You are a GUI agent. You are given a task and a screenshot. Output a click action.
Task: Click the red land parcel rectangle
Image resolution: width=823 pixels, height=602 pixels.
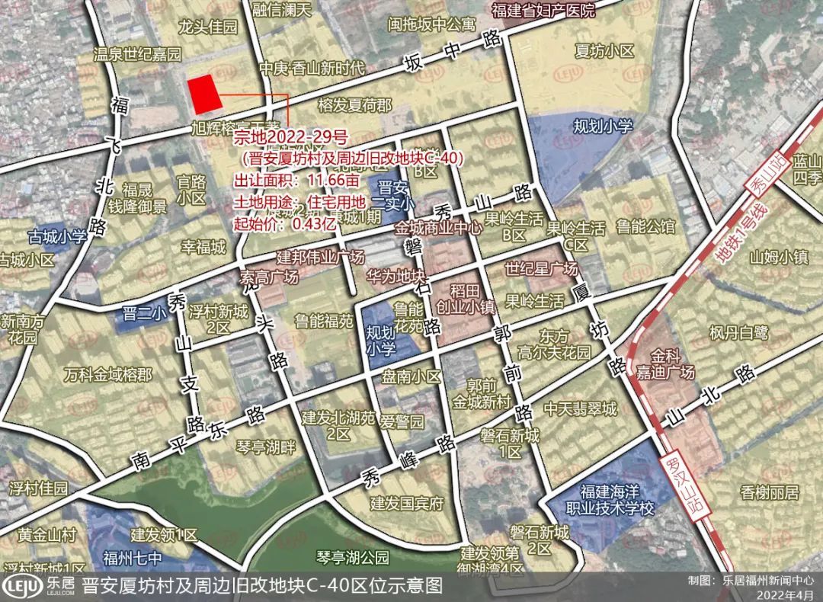tap(204, 94)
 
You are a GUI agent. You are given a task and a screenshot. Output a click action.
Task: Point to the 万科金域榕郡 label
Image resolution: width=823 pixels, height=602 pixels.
tap(107, 375)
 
